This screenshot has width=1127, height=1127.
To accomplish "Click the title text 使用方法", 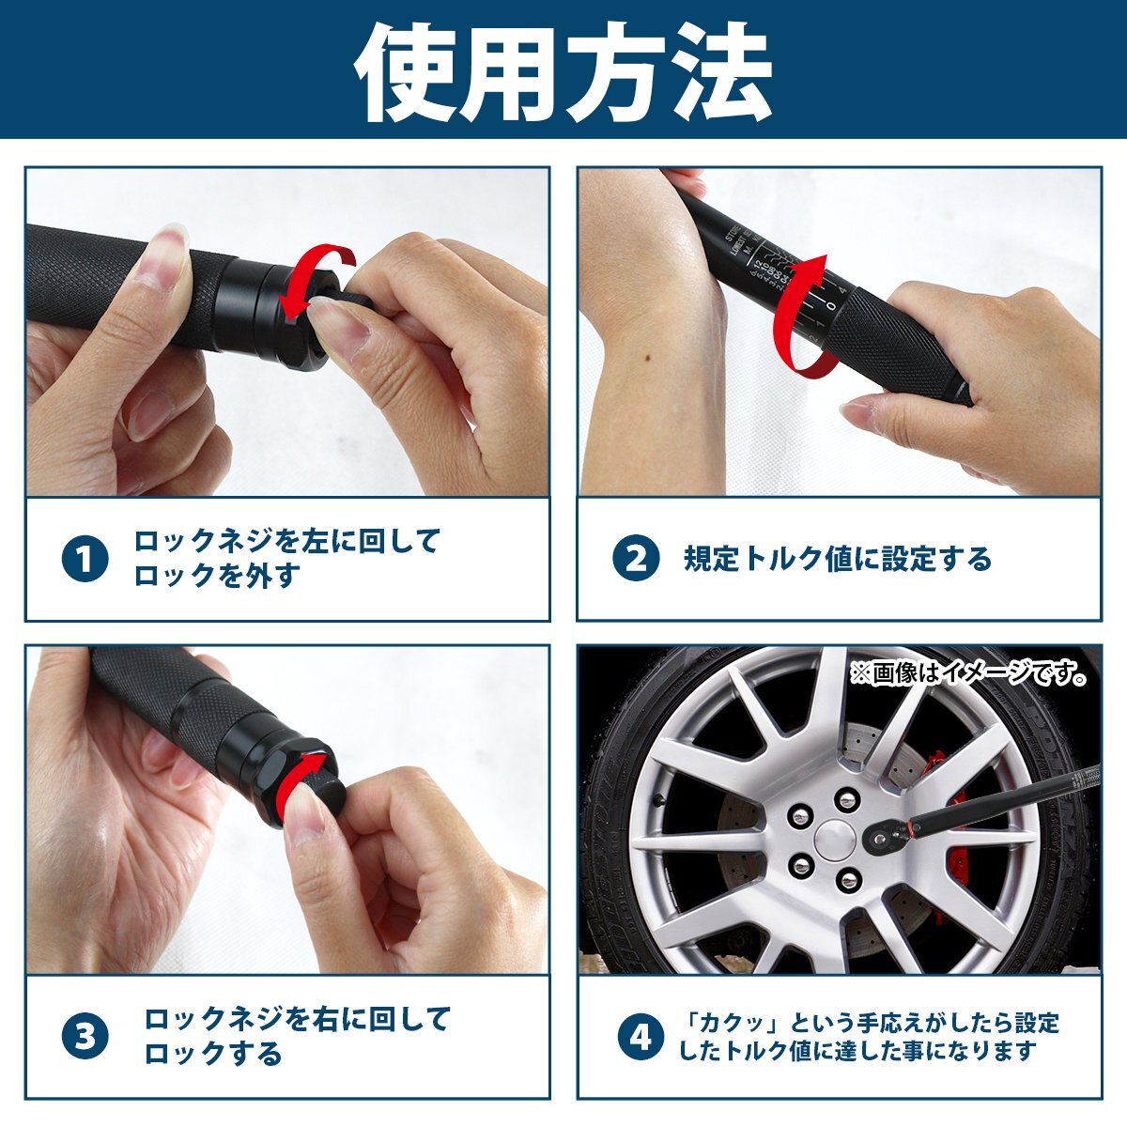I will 563,70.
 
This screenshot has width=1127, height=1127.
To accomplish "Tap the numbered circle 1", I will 85,560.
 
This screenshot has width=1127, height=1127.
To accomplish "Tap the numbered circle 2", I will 636,559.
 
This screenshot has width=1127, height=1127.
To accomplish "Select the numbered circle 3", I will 85,1037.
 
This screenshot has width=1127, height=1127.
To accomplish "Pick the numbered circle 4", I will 640,1037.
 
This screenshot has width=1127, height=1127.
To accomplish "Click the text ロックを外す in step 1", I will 216,576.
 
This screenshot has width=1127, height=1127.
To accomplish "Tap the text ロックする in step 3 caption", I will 212,1054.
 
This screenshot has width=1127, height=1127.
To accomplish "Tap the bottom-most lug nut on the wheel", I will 849,880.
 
